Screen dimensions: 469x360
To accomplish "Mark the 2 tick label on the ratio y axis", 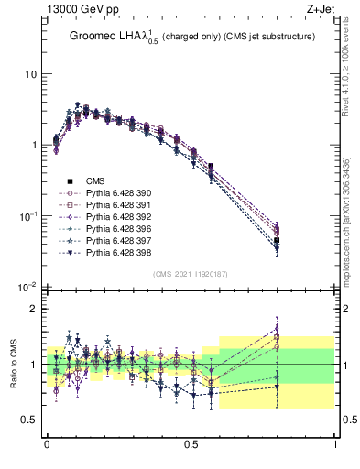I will coord(34,309).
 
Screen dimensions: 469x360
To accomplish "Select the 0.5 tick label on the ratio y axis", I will coord(29,420).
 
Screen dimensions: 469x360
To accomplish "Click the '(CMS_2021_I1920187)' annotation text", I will coord(190,274).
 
